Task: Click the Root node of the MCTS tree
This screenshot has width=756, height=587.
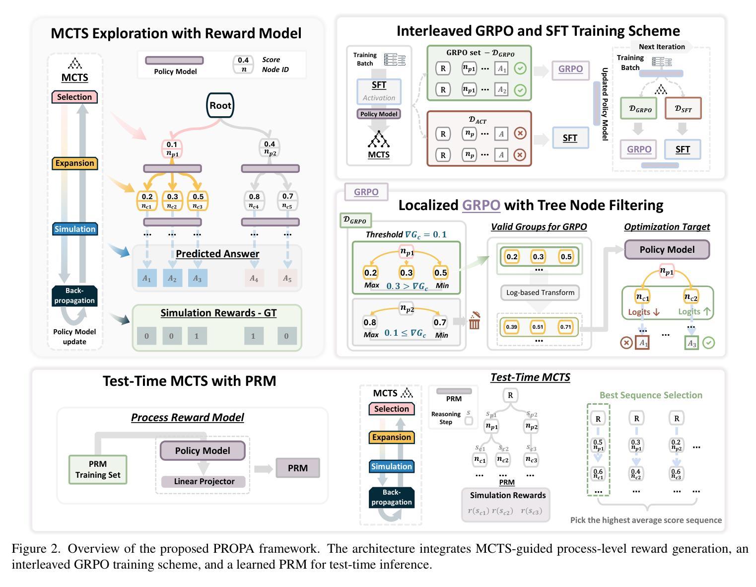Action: coord(220,105)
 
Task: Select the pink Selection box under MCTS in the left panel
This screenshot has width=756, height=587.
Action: coord(74,97)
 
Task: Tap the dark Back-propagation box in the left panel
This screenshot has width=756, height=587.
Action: coord(74,295)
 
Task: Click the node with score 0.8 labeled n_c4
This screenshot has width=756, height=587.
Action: coord(254,201)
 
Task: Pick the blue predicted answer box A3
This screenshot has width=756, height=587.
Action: coord(197,278)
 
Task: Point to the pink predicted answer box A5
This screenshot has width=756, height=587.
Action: coord(287,278)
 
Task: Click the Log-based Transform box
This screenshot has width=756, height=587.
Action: coord(540,293)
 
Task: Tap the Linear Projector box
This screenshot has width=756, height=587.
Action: coord(204,481)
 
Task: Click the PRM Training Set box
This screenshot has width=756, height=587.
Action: coord(98,469)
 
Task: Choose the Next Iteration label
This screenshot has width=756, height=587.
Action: coord(662,47)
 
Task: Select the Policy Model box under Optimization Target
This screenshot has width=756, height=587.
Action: coord(667,249)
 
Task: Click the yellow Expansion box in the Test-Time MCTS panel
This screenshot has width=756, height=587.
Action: coord(391,437)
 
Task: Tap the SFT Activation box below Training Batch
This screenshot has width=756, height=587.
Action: coord(379,91)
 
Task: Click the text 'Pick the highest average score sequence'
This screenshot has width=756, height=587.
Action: coord(646,520)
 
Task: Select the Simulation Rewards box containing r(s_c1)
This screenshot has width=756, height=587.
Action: coord(506,505)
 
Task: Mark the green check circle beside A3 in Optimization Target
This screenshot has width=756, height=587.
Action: coord(709,343)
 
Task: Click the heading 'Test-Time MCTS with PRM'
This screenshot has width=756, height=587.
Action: coord(189,381)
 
